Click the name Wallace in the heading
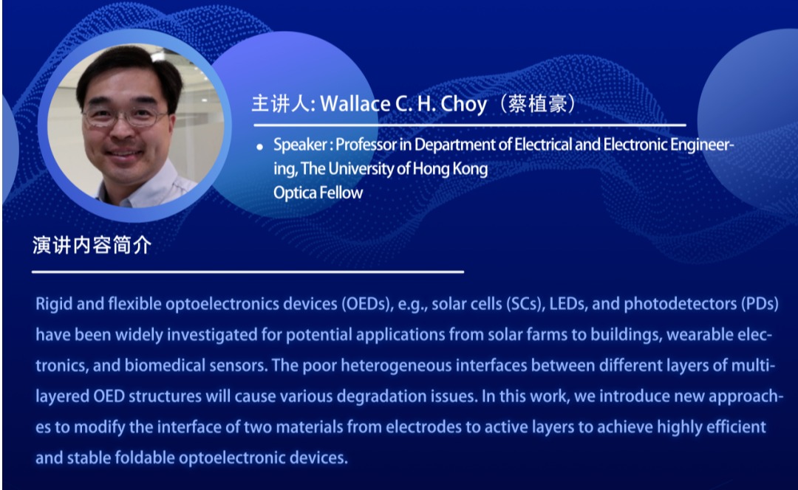[355, 104]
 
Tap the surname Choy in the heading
[463, 105]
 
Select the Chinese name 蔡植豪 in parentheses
[537, 104]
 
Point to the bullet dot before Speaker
[259, 147]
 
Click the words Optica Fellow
[318, 193]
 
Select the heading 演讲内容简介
[92, 245]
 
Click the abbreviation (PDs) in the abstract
[760, 304]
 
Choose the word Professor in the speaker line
[366, 145]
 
